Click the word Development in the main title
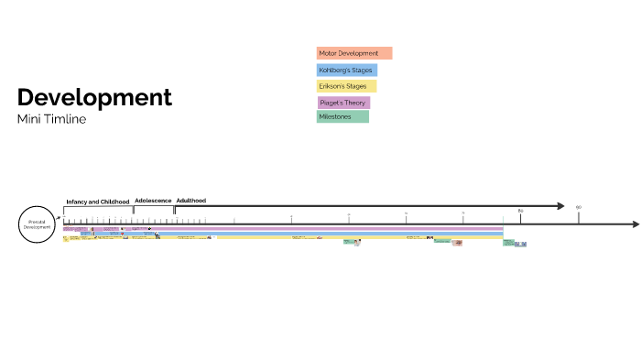coord(94,97)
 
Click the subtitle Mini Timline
coord(51,119)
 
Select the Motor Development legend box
coord(354,53)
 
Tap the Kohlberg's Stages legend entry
coord(347,70)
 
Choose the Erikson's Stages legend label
coord(346,86)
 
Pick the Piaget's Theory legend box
coord(343,103)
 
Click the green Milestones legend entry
coord(342,116)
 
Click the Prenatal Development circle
coord(38,224)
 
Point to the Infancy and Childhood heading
coord(98,201)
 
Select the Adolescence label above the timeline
coord(153,200)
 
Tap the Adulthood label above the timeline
coord(190,200)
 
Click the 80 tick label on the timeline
coord(521,212)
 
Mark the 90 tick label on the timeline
coord(579,207)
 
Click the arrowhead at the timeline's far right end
coord(634,224)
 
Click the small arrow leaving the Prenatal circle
coord(60,219)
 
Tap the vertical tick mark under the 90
coord(579,217)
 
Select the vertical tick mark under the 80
coord(521,219)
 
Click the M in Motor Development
coord(321,53)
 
